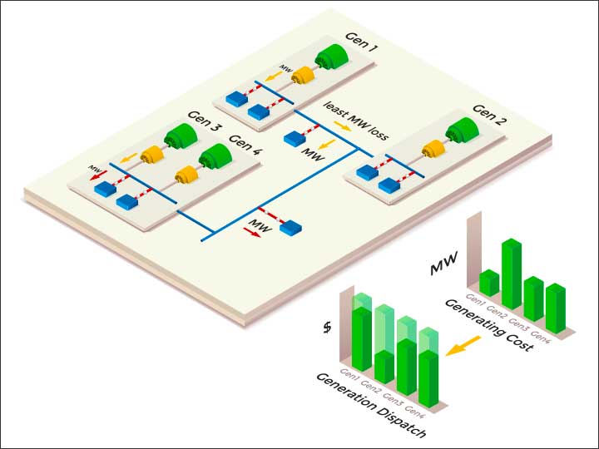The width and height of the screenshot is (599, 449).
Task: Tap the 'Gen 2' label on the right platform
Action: coord(489,109)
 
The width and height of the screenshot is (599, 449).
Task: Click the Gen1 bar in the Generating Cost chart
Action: coord(489,283)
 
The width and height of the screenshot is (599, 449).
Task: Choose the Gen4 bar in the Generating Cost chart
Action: coord(555,308)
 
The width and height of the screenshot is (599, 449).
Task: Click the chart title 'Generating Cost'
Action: coord(488,326)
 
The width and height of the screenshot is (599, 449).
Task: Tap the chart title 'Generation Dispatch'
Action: coord(371,406)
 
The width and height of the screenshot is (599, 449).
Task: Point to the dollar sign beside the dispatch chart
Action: coord(328,328)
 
